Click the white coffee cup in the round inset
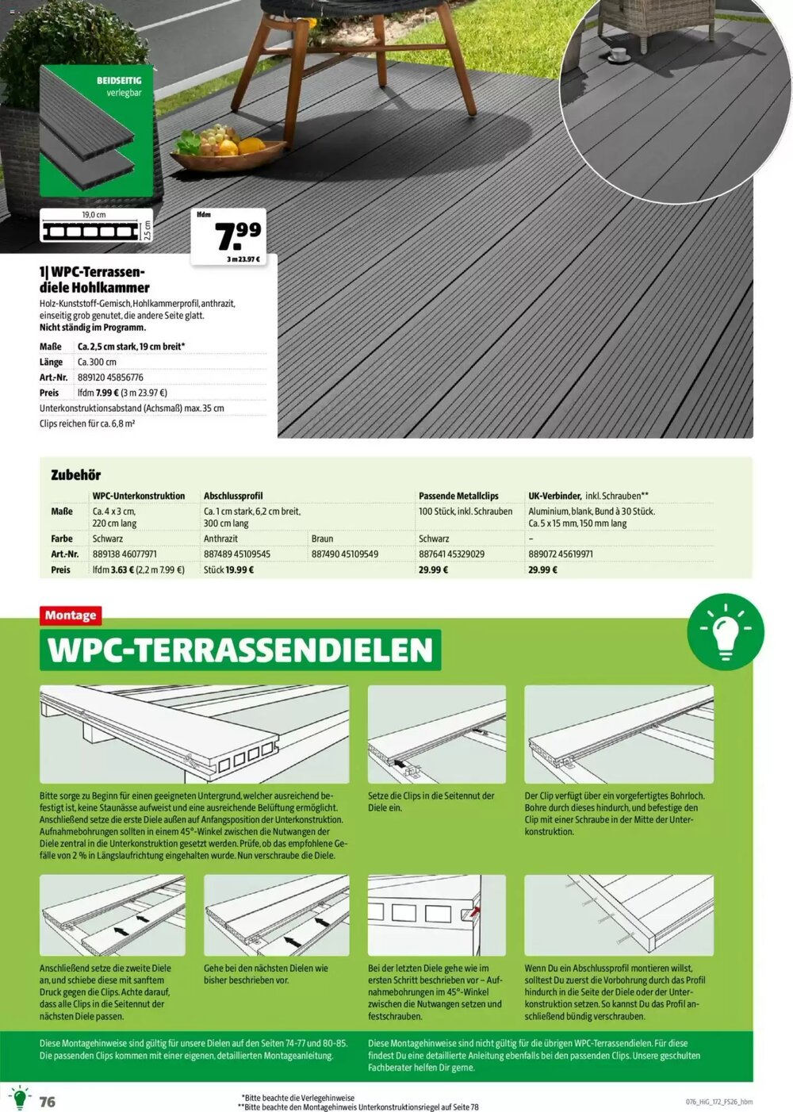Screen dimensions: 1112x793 (x=618, y=56)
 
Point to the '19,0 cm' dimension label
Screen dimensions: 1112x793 (x=94, y=215)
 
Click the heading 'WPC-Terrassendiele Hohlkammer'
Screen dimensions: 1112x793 (x=94, y=279)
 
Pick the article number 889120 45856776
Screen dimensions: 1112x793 (x=110, y=378)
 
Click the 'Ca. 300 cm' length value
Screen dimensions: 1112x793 (x=97, y=362)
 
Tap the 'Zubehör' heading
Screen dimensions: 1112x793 (x=75, y=475)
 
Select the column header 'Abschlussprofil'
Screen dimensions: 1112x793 (x=233, y=496)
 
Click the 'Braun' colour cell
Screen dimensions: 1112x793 (x=322, y=539)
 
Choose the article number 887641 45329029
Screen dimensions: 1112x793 (x=451, y=554)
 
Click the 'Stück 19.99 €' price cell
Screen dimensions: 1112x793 (x=228, y=569)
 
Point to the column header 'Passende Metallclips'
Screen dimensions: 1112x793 (x=458, y=496)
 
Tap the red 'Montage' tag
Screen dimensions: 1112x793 (x=71, y=615)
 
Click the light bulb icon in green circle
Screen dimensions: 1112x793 (x=725, y=632)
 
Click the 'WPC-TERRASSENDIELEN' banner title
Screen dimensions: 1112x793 (x=240, y=650)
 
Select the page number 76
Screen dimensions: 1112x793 (x=48, y=1102)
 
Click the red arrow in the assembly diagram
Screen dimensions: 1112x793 (x=474, y=913)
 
